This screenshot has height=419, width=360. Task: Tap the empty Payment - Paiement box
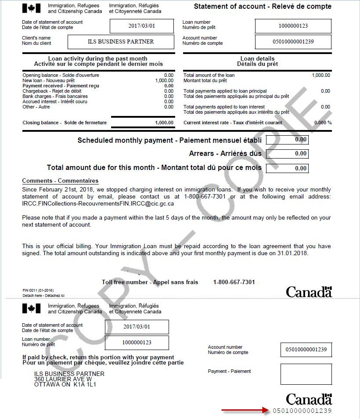click(306, 374)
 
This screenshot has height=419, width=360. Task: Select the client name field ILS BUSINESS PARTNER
click(121, 42)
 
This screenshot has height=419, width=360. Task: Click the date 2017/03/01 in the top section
click(142, 25)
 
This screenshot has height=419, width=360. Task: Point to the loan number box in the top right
click(293, 25)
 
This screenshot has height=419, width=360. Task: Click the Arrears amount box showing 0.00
click(293, 154)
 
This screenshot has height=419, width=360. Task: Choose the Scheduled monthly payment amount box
click(293, 140)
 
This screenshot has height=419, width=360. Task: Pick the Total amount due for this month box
click(293, 168)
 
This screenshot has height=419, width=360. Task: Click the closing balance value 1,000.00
click(164, 123)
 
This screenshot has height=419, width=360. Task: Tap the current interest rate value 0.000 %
click(323, 123)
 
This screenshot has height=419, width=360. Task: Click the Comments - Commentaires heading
click(60, 181)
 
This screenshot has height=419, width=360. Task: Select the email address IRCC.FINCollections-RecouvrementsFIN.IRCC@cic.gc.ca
click(98, 203)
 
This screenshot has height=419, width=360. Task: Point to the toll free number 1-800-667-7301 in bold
click(234, 282)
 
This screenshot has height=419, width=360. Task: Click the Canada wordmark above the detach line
click(309, 292)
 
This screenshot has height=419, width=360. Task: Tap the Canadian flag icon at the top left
click(31, 8)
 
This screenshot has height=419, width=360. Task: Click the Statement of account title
click(263, 7)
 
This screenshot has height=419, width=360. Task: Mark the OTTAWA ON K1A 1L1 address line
click(65, 384)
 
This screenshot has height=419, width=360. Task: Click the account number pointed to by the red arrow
click(302, 411)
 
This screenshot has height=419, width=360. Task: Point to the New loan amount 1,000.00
click(164, 80)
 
